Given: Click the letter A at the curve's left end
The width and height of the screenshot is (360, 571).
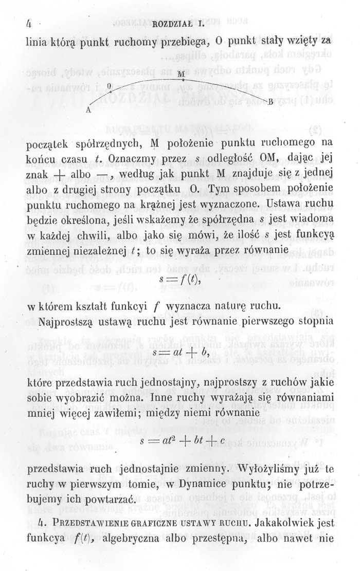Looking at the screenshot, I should click(x=88, y=109).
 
